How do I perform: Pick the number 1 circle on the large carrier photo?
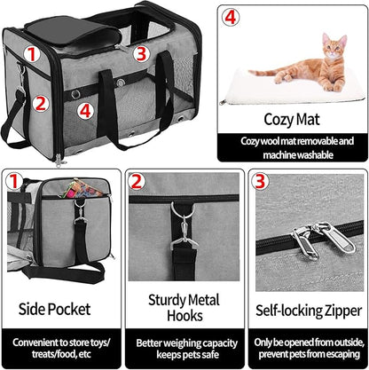pos(30,54)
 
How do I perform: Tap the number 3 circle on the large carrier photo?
pos(140,52)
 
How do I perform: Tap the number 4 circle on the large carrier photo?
pos(83,111)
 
